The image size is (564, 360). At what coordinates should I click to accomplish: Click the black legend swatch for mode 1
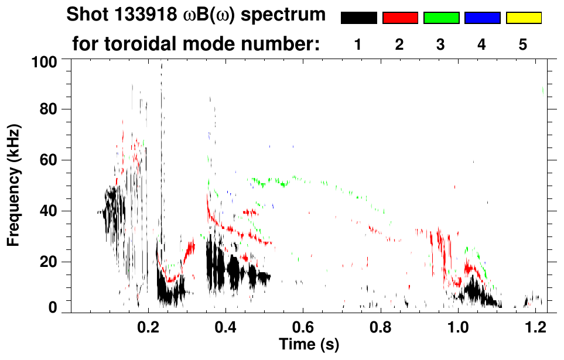pos(359,18)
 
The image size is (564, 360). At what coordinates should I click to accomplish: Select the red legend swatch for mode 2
pos(400,18)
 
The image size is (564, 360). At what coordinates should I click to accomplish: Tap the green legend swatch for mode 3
pos(441,18)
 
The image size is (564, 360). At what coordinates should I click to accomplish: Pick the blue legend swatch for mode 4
pos(482,18)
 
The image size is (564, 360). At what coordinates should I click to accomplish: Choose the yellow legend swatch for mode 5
pos(524,18)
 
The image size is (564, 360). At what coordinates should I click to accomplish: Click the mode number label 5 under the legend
pos(523,45)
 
